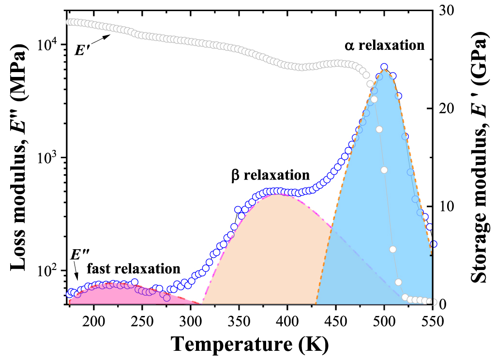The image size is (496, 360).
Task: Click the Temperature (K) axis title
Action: (249, 345)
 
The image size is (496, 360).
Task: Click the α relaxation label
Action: (384, 46)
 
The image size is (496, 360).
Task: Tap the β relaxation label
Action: (270, 175)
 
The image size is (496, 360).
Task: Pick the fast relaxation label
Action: (134, 268)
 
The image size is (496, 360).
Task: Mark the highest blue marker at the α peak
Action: (384, 67)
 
